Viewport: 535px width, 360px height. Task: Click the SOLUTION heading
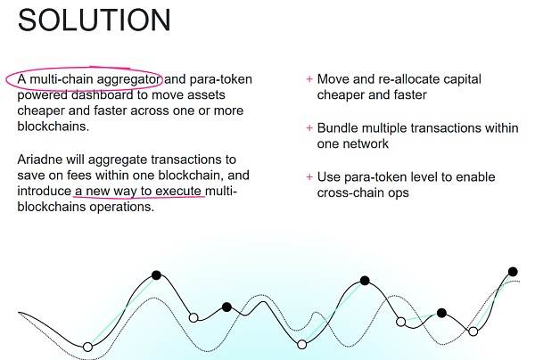point(95,20)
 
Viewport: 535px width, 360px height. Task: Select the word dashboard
point(103,94)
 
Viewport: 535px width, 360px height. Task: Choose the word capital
point(462,80)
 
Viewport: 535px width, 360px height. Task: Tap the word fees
point(79,176)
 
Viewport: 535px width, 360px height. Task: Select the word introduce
point(45,191)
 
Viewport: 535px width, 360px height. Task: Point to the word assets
point(205,94)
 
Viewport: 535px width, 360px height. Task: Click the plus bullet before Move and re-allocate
point(309,79)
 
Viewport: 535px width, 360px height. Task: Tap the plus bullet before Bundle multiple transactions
point(309,128)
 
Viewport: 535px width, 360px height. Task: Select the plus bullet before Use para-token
point(309,177)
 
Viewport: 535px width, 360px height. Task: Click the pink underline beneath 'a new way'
point(140,197)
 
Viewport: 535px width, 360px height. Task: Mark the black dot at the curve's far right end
point(513,272)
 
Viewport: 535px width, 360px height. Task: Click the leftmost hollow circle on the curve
point(87,347)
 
